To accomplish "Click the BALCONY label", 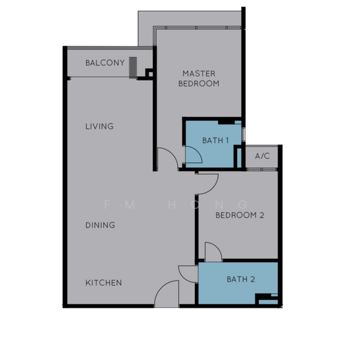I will click(x=104, y=63).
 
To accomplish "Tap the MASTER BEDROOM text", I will click(x=199, y=79).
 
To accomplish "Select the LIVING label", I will click(x=99, y=127).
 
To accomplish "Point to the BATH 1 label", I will click(x=215, y=141).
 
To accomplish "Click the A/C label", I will click(x=262, y=157).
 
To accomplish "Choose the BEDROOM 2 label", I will click(x=239, y=215).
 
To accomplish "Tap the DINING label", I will click(x=100, y=226).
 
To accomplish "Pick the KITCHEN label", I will click(x=103, y=283).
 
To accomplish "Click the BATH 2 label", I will click(x=241, y=279).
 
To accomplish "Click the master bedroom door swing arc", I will click(x=166, y=159).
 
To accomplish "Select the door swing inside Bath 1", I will click(x=193, y=155).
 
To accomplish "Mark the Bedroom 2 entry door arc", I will click(x=207, y=183).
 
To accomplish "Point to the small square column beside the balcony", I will click(x=150, y=73).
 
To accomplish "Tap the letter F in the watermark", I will click(x=106, y=204).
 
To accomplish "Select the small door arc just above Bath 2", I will click(x=214, y=251).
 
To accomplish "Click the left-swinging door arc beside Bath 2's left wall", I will click(x=188, y=272).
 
